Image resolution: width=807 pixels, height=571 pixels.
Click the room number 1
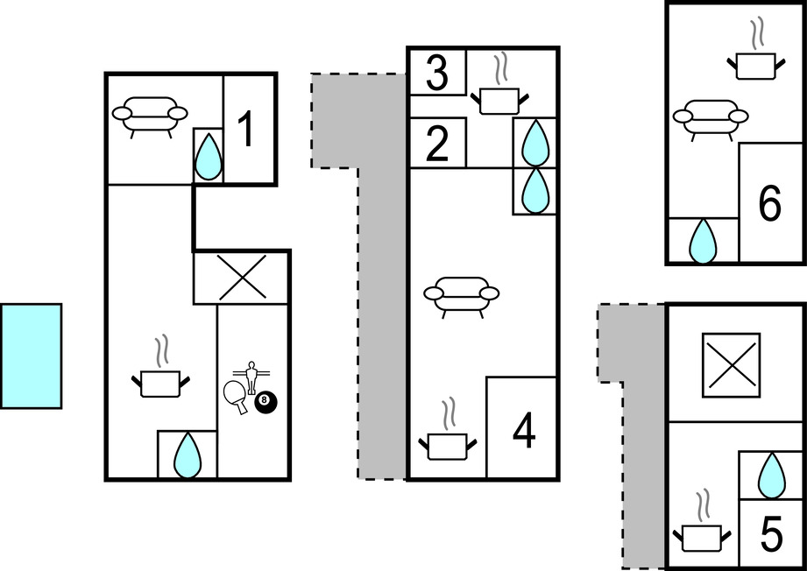pos(247,130)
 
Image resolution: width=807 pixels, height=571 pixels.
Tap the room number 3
pos(437,74)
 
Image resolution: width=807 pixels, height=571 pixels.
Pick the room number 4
pos(524,432)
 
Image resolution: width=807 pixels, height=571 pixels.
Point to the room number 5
pos(770,534)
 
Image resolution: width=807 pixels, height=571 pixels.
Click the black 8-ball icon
pos(265,402)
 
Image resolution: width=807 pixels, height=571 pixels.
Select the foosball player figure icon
pos(251,377)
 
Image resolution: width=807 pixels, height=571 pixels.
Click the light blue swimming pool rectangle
pos(32,356)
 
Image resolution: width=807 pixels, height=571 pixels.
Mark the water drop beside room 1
pos(209,157)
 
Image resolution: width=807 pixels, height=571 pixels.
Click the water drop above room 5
pos(771,476)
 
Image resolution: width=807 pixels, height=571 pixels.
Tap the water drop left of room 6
pos(703,241)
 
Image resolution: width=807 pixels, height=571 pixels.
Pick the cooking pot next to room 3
pos(499,90)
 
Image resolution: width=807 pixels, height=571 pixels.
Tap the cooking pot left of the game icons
pos(160,374)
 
